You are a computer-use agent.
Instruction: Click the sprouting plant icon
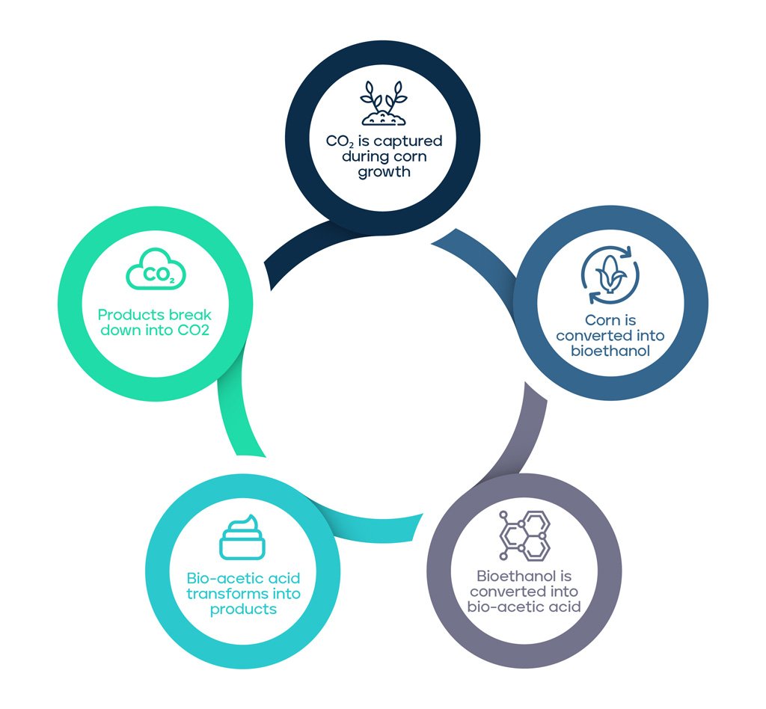coord(384,102)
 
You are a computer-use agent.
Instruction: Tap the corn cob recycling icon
coord(610,275)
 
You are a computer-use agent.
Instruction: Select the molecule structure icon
coord(524,535)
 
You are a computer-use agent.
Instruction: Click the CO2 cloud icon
coord(156,269)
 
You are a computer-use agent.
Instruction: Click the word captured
coord(408,141)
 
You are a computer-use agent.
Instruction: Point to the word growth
coord(384,172)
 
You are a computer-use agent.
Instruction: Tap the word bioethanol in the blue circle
coord(610,351)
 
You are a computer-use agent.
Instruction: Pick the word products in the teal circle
coord(243,610)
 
